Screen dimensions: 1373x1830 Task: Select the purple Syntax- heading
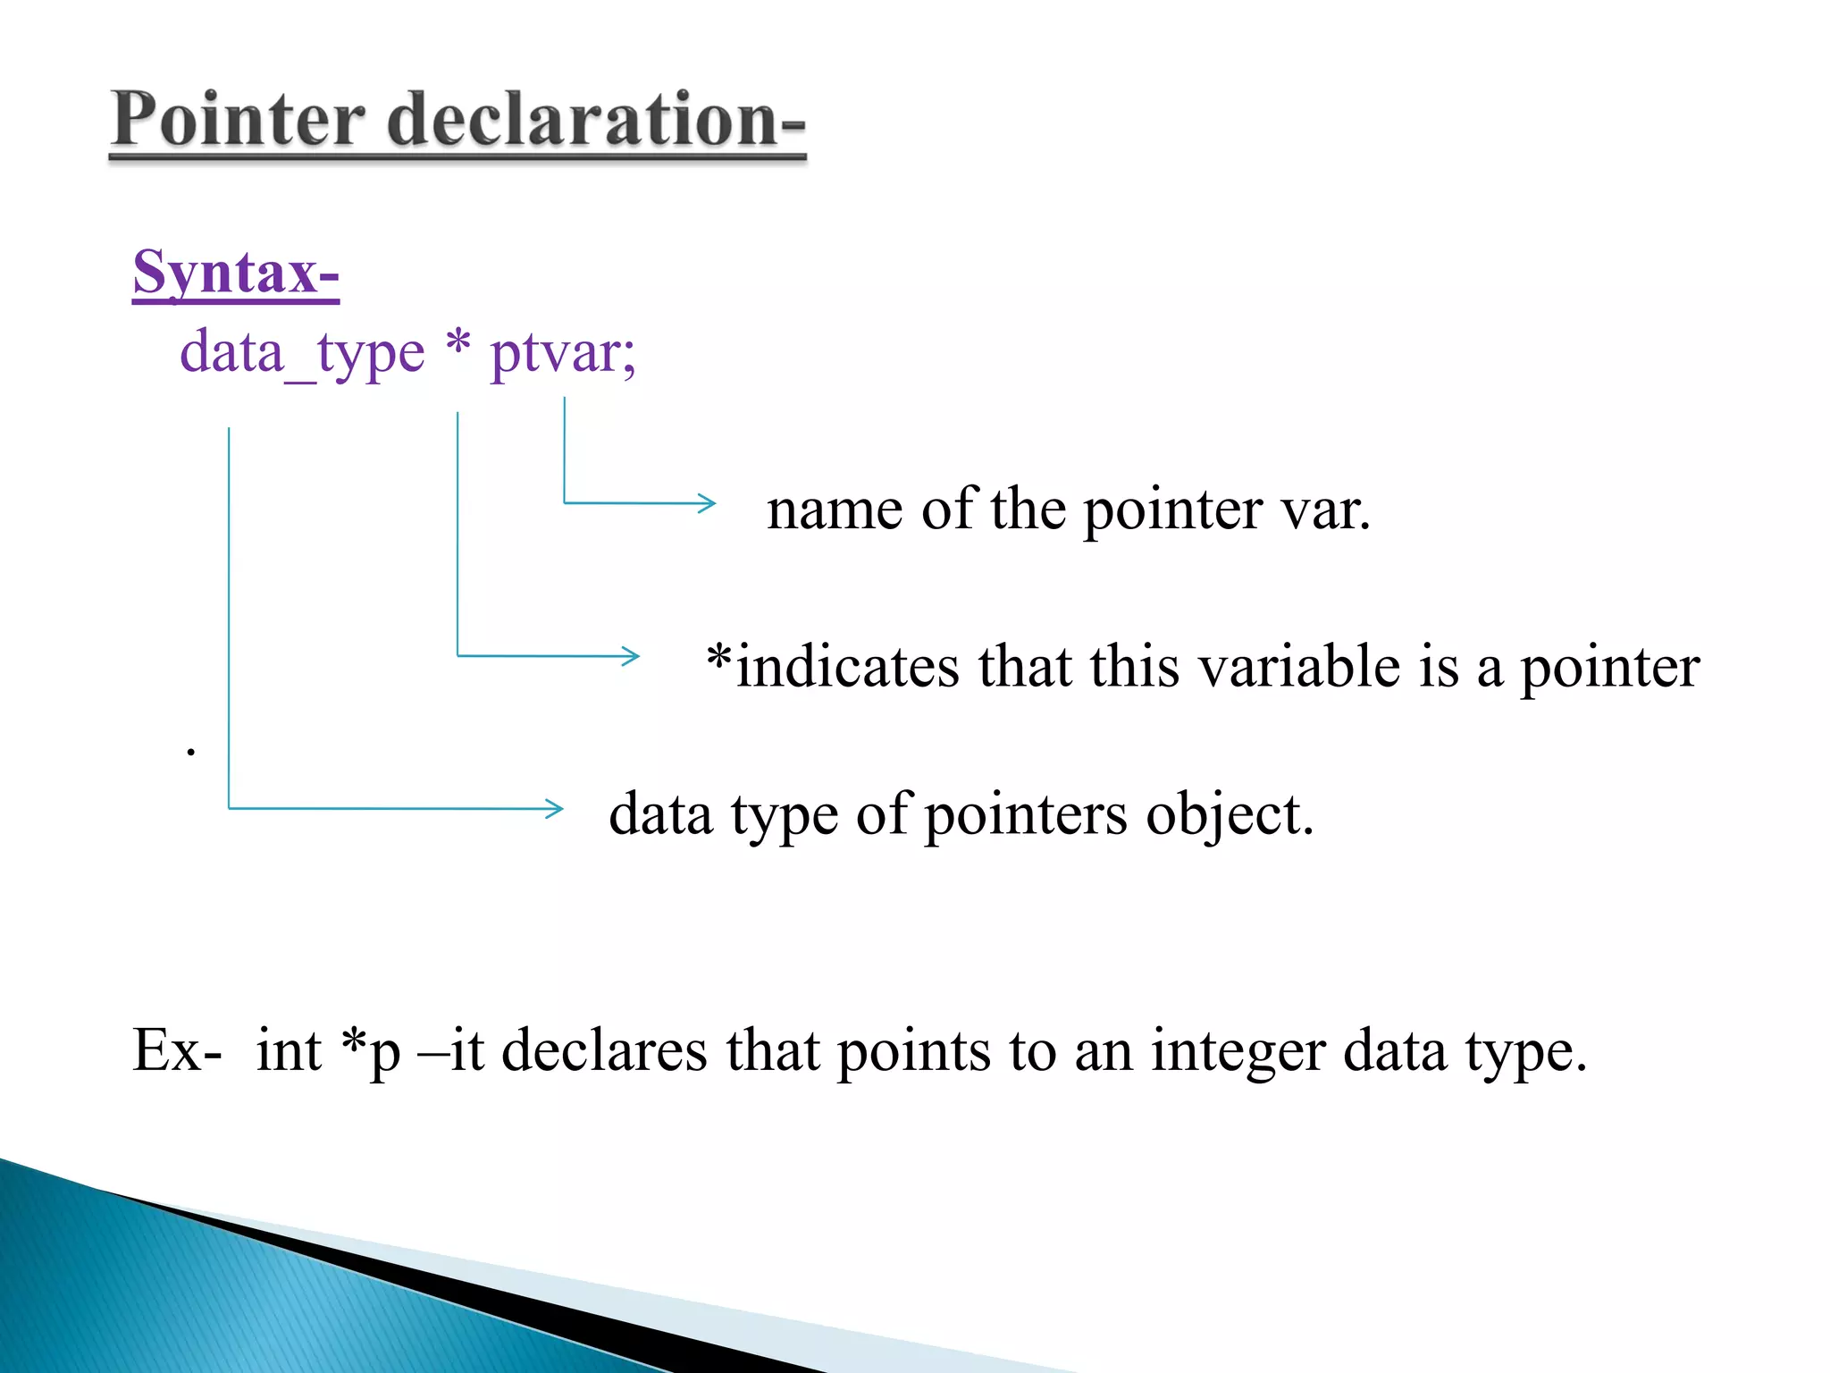pos(236,272)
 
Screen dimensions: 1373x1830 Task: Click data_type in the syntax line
pos(302,353)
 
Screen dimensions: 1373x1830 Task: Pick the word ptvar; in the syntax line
pos(563,353)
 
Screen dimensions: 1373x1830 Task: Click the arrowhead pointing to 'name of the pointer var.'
pos(708,503)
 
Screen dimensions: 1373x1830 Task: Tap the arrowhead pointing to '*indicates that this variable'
pos(632,656)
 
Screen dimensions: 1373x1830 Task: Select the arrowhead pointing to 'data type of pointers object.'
pos(555,809)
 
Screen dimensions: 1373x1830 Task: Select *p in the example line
pos(371,1049)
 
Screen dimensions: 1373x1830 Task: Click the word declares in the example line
pos(604,1049)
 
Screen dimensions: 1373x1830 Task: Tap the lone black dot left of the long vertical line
pos(190,752)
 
